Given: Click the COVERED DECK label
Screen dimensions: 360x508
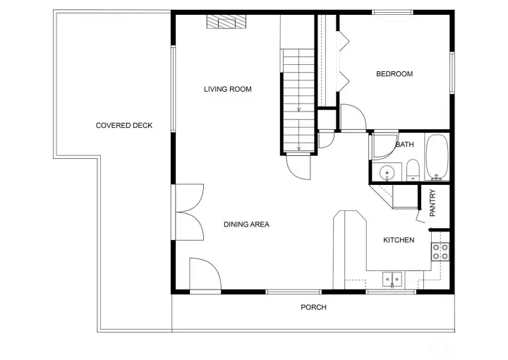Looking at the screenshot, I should pos(124,126).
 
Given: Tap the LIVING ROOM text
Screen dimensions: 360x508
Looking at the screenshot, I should pos(227,89).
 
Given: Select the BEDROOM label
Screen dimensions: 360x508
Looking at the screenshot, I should pos(394,74).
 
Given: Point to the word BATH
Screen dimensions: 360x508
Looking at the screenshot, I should pos(404,145).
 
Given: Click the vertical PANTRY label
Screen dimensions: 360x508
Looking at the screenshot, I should pos(433,203).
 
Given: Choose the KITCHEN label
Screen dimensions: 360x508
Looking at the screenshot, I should pos(399,240).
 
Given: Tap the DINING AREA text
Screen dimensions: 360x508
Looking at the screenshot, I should pos(246,224).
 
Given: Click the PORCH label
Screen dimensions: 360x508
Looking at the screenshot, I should pos(313,307).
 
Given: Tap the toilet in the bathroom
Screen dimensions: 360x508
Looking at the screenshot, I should pos(413,169).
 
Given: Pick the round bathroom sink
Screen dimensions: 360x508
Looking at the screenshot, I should pos(387,172).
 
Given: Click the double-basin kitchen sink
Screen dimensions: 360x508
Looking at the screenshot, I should pos(392,280).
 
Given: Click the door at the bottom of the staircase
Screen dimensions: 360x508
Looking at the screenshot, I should pos(298,166).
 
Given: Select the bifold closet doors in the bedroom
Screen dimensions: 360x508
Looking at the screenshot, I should pos(342,60).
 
